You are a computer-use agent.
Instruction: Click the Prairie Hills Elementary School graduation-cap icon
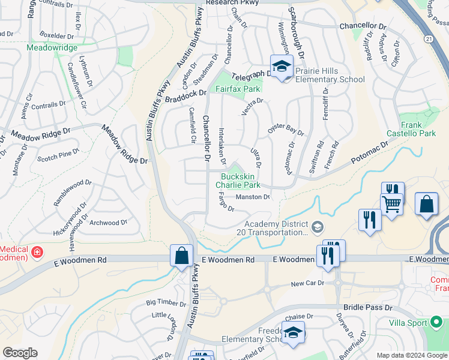tap(281, 67)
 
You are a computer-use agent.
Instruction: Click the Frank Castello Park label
tap(420, 129)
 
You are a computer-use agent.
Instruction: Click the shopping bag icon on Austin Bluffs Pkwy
tap(181, 256)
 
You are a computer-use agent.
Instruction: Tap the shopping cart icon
tap(392, 203)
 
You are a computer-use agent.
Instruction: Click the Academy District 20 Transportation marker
tap(318, 226)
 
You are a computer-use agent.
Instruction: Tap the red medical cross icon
tap(37, 252)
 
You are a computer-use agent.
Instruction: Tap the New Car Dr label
tap(307, 283)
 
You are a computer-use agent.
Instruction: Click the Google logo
tap(20, 353)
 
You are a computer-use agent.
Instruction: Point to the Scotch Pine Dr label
tap(55, 157)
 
